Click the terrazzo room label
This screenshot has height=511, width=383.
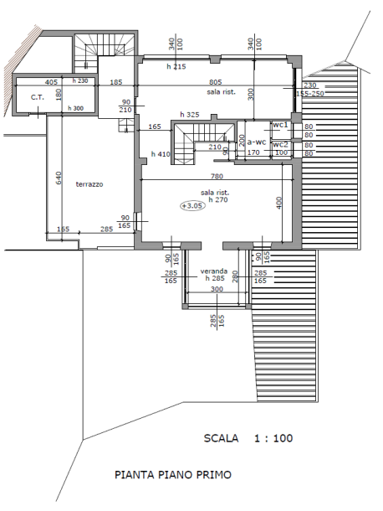coord(89,184)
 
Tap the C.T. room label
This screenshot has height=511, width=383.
coord(38,97)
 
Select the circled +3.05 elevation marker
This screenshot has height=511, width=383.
coord(193,205)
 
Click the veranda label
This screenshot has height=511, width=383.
coord(214,271)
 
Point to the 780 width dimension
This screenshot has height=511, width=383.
coord(217,176)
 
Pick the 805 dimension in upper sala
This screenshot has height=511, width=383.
coord(216,82)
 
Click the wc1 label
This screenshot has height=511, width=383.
coord(280,125)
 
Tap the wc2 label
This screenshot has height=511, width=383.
coord(280,144)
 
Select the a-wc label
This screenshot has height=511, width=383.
coord(257,142)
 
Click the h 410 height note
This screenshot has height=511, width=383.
coord(161,154)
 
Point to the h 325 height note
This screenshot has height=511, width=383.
coord(190,115)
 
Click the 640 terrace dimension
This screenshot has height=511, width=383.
coord(59,178)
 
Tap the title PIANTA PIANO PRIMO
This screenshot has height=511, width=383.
coord(173,474)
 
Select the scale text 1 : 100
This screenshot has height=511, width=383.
coord(273,438)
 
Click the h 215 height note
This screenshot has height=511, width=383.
coord(176,67)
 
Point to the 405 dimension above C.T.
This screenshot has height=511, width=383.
coord(51,82)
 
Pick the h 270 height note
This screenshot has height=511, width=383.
coord(218,199)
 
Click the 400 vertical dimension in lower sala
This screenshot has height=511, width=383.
coord(278,203)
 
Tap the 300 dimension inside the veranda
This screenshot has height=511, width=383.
coord(217,289)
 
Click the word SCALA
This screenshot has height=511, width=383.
coord(221,438)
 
